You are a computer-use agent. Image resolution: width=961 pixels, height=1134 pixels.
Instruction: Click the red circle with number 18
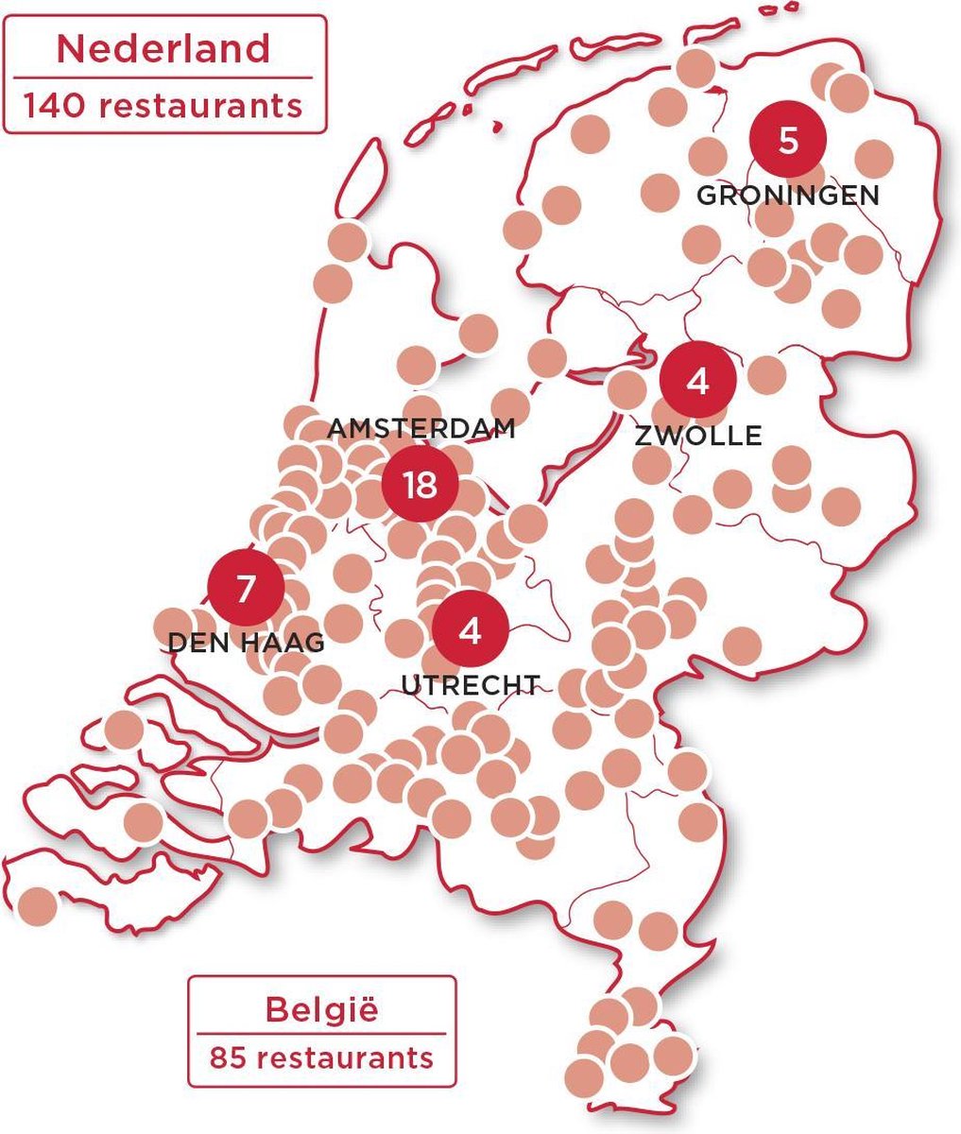point(420,485)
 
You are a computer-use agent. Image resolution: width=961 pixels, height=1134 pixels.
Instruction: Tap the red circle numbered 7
point(246,588)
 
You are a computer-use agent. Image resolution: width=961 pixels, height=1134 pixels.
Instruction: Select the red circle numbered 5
point(787,141)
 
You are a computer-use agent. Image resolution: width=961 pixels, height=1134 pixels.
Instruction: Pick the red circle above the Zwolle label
point(697,381)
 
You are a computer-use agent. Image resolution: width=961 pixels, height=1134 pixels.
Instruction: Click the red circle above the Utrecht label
point(470,628)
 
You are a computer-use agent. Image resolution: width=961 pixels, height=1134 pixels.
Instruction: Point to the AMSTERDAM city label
point(421,429)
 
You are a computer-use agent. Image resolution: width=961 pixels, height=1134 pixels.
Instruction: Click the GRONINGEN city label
point(787,196)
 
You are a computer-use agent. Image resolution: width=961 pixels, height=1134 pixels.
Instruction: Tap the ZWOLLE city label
point(697,436)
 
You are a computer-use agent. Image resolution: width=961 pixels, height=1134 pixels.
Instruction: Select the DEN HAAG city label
point(246,643)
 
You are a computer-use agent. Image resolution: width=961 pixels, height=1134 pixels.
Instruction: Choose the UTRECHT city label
point(471,684)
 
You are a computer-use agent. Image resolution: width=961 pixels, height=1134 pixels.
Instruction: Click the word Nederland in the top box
point(163,49)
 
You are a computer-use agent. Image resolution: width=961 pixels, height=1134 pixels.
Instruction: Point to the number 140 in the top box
point(55,105)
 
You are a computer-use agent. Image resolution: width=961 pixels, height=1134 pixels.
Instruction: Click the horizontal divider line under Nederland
point(163,77)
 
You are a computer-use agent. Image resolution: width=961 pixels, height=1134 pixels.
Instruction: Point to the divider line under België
point(321,1034)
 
